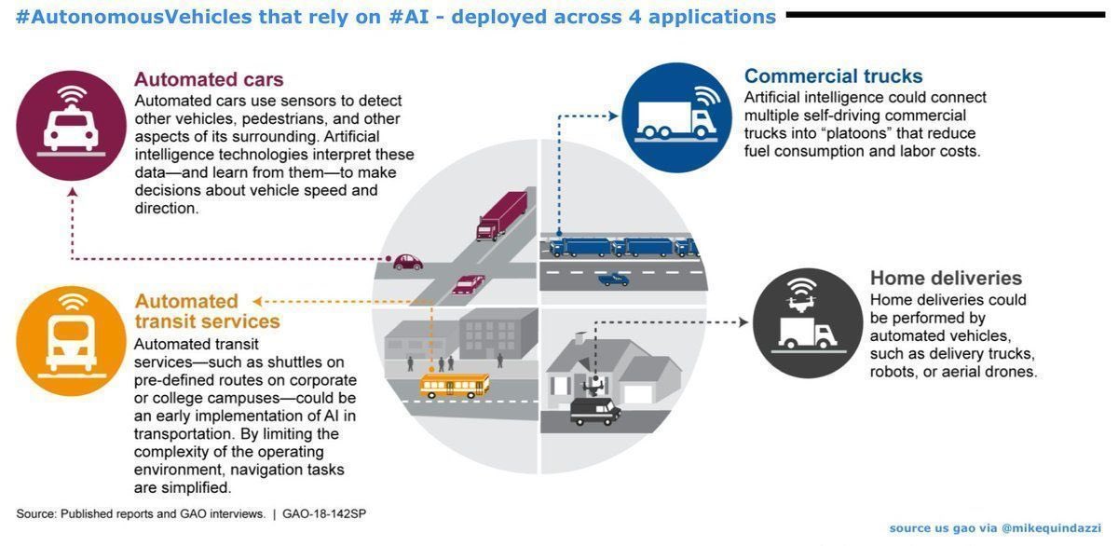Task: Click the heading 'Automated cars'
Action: coord(209,79)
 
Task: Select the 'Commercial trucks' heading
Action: coord(833,76)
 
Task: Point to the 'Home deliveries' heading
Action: coord(946,279)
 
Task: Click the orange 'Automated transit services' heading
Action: coord(207,311)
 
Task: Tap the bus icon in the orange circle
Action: coord(72,341)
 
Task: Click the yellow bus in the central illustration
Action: coord(454,384)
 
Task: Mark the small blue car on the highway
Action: coord(613,279)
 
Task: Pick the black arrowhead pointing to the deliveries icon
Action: coord(743,322)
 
